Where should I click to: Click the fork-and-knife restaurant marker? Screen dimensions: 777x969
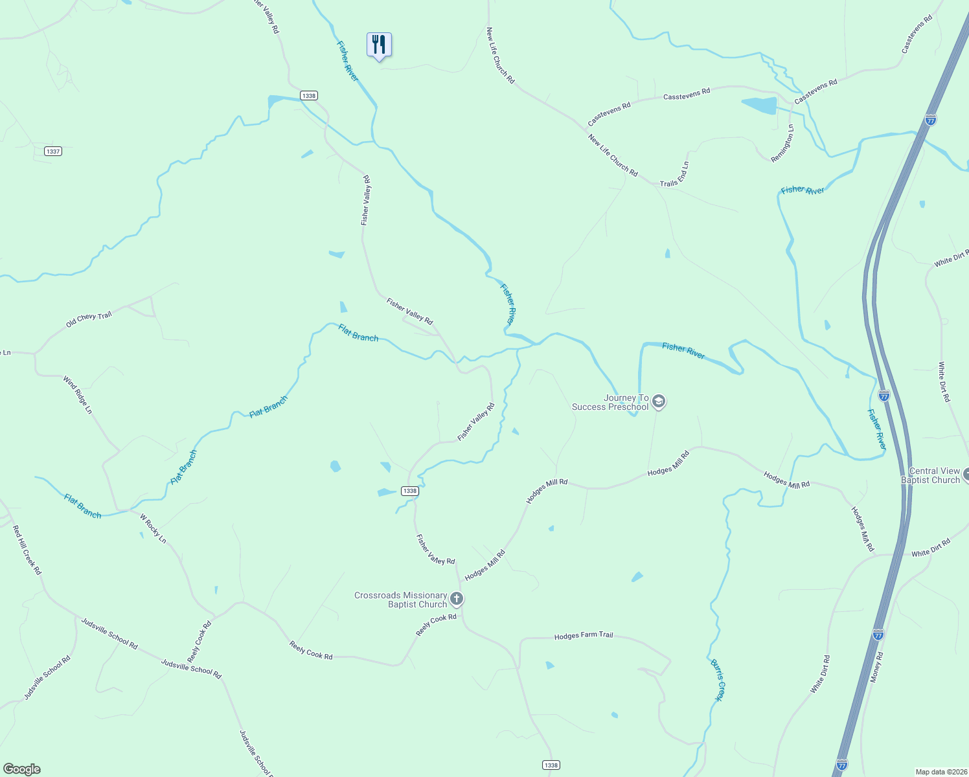379,45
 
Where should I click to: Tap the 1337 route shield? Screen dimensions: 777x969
53,151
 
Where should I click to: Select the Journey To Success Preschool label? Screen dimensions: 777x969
610,402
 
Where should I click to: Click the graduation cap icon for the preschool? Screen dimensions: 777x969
659,402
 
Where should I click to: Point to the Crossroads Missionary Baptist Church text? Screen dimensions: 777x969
401,600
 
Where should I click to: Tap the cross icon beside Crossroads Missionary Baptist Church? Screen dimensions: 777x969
456,599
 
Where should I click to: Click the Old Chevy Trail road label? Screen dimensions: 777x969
89,319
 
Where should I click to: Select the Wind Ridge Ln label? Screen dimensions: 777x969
78,394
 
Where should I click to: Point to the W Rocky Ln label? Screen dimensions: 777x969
153,528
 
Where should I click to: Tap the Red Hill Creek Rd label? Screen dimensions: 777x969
27,550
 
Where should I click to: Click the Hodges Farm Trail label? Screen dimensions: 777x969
583,636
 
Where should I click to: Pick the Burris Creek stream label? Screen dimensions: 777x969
718,680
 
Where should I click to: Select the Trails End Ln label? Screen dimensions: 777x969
675,174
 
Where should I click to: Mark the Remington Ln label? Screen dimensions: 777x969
782,144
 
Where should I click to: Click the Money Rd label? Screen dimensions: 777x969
876,666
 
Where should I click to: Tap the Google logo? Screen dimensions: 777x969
22,769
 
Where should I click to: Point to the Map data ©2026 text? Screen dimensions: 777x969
940,772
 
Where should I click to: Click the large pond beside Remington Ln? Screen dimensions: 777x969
759,105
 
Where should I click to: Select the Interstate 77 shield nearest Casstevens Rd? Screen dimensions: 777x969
930,120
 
